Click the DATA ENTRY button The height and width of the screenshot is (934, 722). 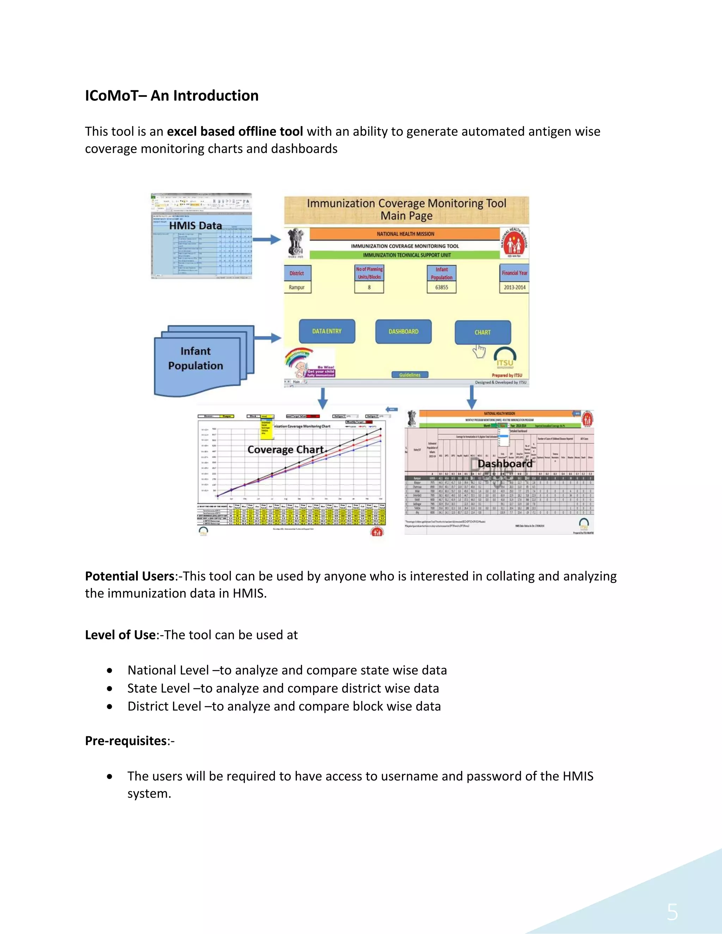pos(327,331)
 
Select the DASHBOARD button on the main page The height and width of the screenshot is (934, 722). pos(403,331)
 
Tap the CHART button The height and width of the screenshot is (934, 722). pos(483,332)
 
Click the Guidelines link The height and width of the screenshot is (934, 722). pos(410,375)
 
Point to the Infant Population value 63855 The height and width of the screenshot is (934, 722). pos(441,287)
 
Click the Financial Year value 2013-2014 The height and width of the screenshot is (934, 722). pos(514,287)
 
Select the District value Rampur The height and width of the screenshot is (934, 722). pos(297,287)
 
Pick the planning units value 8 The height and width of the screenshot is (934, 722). pos(369,287)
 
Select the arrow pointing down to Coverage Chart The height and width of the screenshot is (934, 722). pos(323,398)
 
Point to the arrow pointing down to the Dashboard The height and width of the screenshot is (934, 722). pos(471,397)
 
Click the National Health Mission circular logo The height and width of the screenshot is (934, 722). pos(515,243)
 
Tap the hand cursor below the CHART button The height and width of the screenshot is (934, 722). pos(479,351)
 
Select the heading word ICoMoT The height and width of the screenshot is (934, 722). pos(112,96)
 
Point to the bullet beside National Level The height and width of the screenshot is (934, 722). pos(110,671)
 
